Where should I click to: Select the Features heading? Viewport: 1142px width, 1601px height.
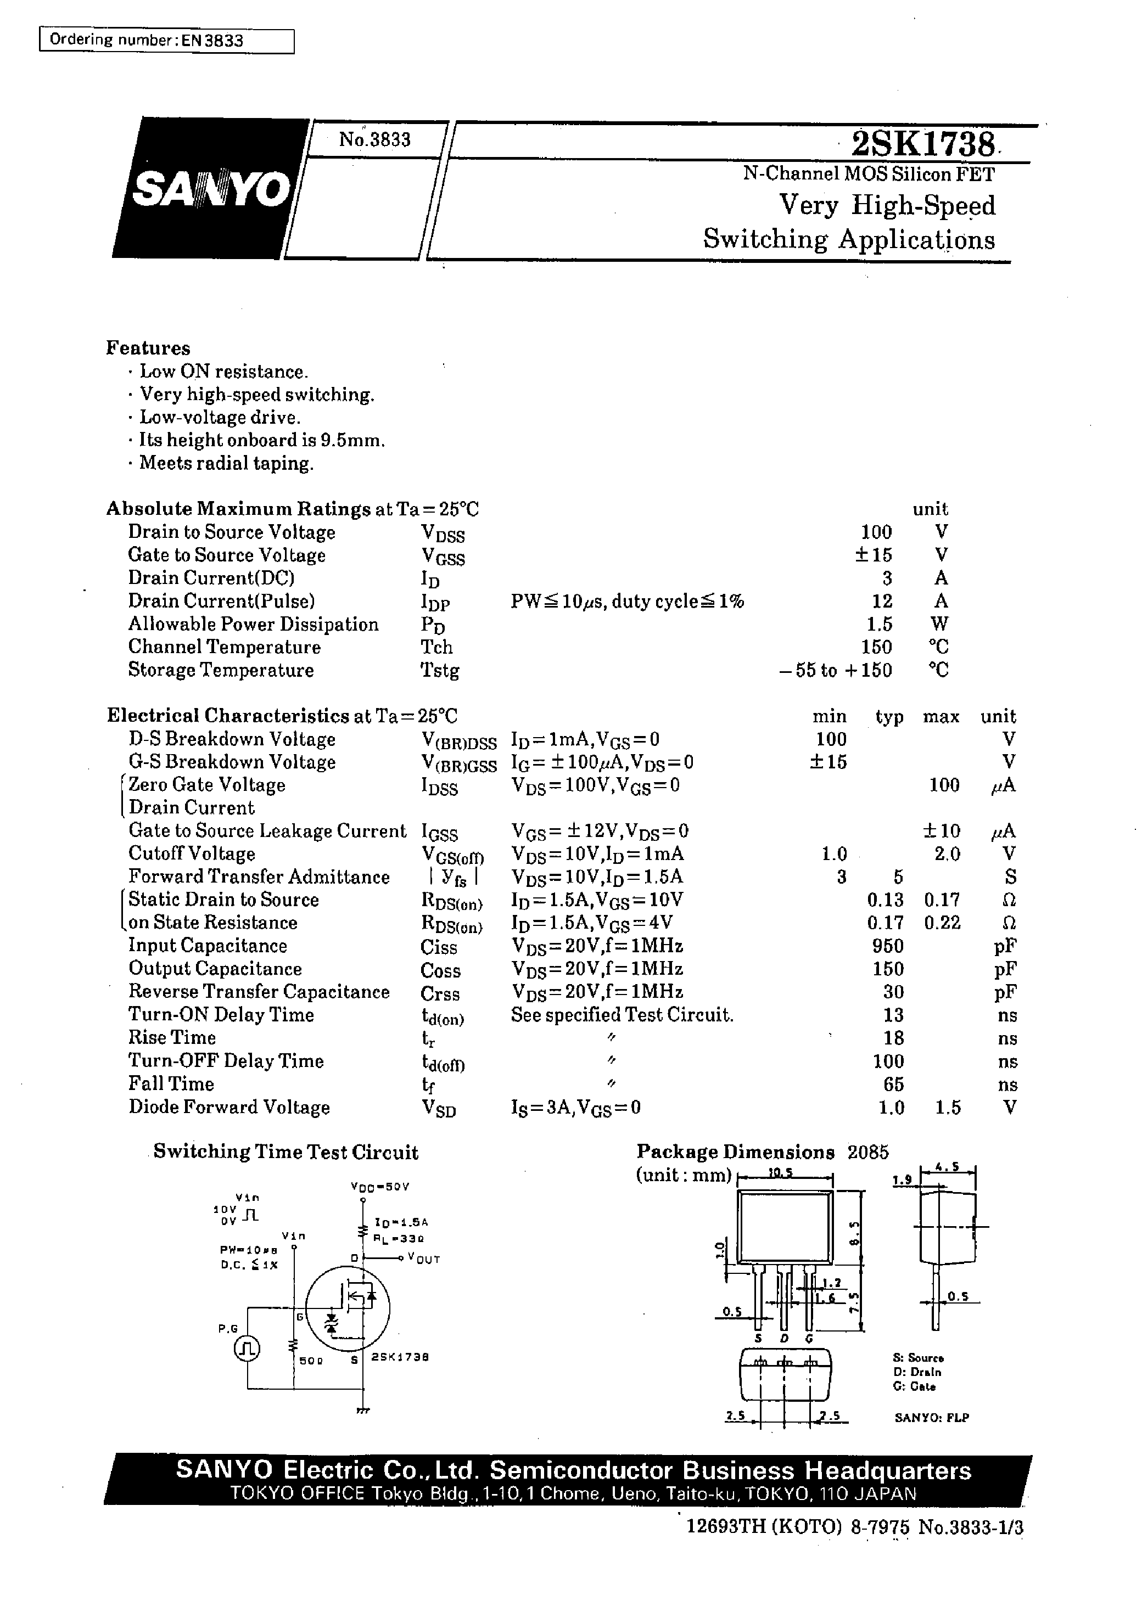coord(148,348)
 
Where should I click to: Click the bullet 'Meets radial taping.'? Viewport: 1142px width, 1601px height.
coord(226,463)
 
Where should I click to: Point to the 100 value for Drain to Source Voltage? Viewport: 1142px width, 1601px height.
coord(876,532)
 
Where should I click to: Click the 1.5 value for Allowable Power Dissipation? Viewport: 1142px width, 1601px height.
coord(879,624)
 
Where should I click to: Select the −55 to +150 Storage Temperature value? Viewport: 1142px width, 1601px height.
coord(836,671)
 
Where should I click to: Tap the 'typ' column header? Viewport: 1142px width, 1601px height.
coord(889,717)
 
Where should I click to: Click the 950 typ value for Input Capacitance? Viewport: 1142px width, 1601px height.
coord(887,946)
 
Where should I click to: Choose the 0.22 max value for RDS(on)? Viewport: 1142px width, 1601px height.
coord(942,923)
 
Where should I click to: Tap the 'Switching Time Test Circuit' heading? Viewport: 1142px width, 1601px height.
coord(285,1152)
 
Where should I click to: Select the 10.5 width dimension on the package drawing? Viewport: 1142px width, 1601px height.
coord(781,1173)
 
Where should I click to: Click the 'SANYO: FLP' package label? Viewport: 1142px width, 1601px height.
coord(932,1418)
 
